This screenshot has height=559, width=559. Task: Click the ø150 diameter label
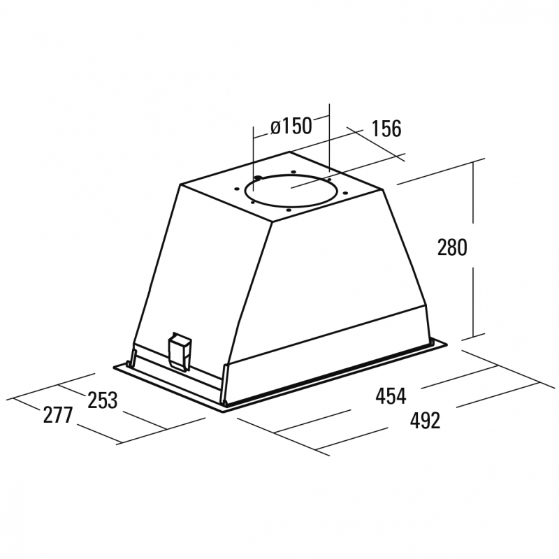(x=291, y=126)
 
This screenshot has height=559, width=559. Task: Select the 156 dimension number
(x=386, y=129)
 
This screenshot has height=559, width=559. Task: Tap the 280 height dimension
(x=451, y=247)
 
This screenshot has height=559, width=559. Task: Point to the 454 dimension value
(x=391, y=395)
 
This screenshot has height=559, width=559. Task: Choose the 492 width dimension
(x=425, y=421)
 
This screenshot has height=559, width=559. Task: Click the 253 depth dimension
(x=103, y=400)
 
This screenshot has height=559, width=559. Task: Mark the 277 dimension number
(x=58, y=415)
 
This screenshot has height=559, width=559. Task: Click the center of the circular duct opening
(x=290, y=190)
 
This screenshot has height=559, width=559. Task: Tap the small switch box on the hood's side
(x=180, y=352)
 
